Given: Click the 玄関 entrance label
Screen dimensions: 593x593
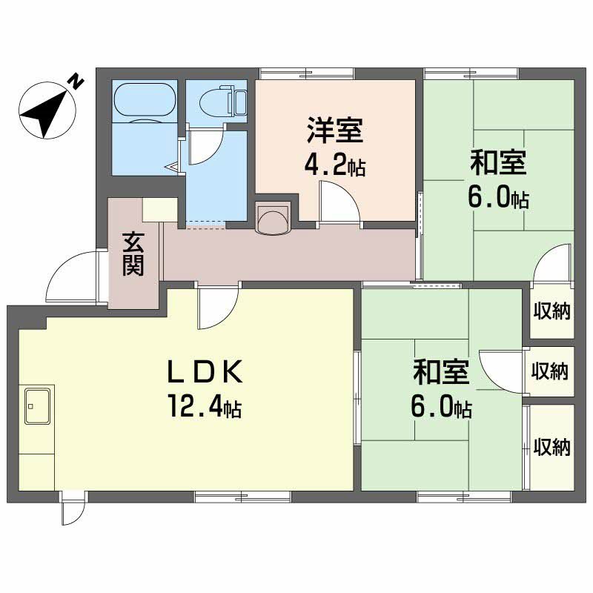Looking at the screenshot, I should click(x=133, y=254).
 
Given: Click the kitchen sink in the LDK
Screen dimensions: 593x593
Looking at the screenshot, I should click(x=36, y=405).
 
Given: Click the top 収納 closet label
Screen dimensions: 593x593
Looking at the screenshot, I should click(x=551, y=311).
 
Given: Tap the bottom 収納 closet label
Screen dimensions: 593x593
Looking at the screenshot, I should click(x=551, y=447).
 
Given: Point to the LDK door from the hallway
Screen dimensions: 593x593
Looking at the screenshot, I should click(x=218, y=308).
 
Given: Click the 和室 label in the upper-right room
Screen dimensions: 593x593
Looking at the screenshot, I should click(x=498, y=162).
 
